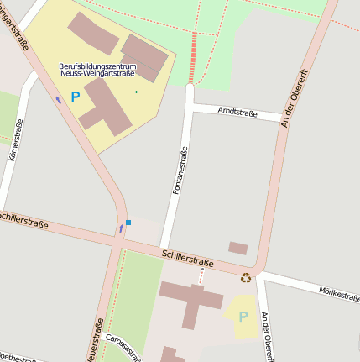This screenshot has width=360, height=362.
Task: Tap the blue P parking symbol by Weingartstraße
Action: point(75,97)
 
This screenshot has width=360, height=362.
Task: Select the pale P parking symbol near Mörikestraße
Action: point(243,317)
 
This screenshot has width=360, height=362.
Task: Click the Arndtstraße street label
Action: point(237,112)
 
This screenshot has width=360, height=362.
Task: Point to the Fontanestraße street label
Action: point(178,171)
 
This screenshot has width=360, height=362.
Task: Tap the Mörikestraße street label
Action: point(339,292)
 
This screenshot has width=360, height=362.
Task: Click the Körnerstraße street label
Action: point(15,140)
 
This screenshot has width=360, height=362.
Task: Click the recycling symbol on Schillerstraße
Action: point(246,278)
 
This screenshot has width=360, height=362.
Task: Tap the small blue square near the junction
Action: point(128,223)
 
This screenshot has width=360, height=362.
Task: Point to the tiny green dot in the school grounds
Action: point(136,91)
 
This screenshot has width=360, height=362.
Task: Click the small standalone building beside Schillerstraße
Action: point(238,248)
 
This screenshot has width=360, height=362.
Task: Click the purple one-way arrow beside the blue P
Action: point(58,99)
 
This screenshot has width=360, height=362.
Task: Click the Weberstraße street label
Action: point(95,343)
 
